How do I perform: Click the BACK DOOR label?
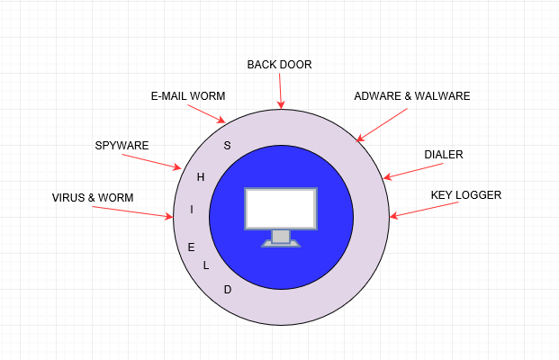coord(279,65)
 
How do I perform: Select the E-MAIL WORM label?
coord(188,96)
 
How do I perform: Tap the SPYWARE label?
coord(122,146)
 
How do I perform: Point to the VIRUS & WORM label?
coord(93,197)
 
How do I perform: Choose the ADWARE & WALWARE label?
coord(412,96)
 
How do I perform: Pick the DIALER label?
coord(444,154)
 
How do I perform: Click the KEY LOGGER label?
coord(466,195)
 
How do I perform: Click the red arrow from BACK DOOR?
coord(280,91)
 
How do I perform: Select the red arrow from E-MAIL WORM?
coord(207,113)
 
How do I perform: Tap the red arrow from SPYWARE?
coord(152,162)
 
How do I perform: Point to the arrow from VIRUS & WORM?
coord(132,211)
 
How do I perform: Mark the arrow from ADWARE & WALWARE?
coord(382,125)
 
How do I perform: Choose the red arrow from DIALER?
coord(413,171)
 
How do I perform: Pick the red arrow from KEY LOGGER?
coord(424,210)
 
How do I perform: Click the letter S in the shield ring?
coord(227,146)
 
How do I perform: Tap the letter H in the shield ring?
coord(201,176)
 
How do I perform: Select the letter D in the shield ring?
coord(228,290)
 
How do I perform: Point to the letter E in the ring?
coord(191,247)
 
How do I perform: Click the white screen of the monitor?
coord(281,209)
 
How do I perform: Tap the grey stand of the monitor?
coord(281,238)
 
